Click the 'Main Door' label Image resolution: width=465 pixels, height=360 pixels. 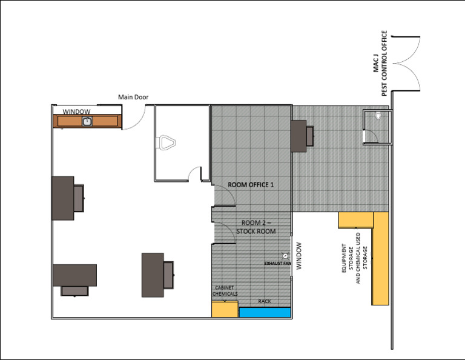tap(133, 96)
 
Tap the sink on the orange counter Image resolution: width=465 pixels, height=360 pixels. tap(87, 121)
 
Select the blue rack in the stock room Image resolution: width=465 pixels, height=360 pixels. tap(265, 312)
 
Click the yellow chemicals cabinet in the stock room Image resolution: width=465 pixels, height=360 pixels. tap(225, 308)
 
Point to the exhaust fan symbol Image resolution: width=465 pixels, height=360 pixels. tap(285, 256)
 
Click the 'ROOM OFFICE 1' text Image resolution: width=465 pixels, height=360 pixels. tap(251, 185)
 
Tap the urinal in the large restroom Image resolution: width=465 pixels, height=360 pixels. tap(168, 142)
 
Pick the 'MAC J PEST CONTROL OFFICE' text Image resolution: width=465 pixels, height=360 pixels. tap(379, 64)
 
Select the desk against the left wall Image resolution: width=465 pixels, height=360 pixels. tap(66, 198)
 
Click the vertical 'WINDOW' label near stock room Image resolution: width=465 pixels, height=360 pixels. tap(298, 257)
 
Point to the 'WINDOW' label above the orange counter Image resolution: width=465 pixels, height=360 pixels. tap(77, 112)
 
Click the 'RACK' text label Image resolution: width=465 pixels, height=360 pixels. tap(265, 301)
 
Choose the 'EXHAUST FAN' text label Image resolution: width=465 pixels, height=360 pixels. tap(279, 264)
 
